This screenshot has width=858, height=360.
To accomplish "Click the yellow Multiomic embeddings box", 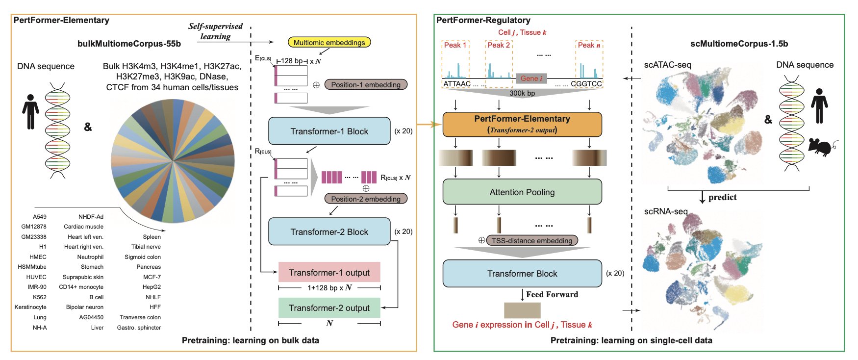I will click(x=329, y=43).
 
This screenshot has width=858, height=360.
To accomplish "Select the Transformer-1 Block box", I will click(x=329, y=131).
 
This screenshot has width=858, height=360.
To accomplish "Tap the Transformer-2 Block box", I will click(x=329, y=231).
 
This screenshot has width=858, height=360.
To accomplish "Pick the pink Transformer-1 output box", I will click(x=329, y=272).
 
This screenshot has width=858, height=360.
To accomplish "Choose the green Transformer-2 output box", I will click(x=329, y=308).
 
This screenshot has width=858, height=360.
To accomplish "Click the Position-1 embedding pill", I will click(x=365, y=84).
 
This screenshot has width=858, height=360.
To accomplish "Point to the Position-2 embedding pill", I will click(x=365, y=199).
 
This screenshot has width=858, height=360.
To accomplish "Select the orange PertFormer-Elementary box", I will click(x=522, y=124).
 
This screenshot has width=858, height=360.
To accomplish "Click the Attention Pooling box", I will click(x=522, y=192).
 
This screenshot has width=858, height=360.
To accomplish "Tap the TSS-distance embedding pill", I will click(x=532, y=240).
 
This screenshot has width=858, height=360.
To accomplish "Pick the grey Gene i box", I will click(x=531, y=78).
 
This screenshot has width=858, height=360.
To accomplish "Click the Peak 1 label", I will click(x=455, y=45).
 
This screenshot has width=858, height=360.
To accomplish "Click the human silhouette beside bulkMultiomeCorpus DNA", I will click(x=30, y=112).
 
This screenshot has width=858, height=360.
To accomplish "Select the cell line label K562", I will click(x=40, y=297).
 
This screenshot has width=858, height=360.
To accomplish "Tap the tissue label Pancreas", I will click(x=149, y=267).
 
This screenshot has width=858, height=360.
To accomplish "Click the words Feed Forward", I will click(x=552, y=294).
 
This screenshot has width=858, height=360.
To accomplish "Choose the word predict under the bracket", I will click(x=722, y=197).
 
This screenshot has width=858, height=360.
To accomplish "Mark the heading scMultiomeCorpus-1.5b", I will click(x=739, y=44).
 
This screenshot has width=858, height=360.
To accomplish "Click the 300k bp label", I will click(x=522, y=93).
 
